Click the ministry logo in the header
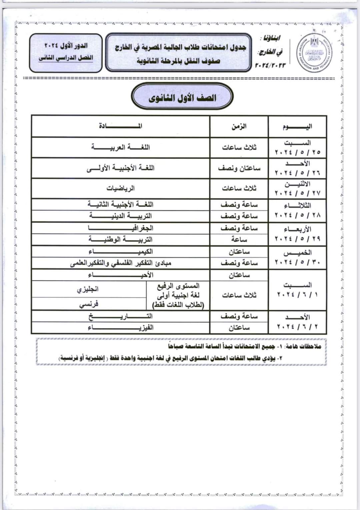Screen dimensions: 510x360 coord(314,52)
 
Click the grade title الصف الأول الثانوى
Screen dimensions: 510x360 coord(182,98)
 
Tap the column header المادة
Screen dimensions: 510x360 coord(120,126)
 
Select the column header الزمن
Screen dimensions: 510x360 coord(239,126)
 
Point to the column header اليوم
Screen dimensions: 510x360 coord(297,127)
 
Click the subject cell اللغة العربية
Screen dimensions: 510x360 coord(120,147)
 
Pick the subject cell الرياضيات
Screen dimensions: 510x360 coord(120,188)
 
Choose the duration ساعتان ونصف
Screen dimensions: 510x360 coord(239,168)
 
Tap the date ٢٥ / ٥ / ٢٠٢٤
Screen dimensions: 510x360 coord(297,152)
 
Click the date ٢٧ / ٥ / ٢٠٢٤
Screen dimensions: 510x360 coord(297,193)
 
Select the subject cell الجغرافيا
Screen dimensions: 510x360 coord(120,228)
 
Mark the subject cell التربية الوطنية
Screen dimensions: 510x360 coord(120,240)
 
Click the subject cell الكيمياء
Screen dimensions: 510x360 coord(120,252)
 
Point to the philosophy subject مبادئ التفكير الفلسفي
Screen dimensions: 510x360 coord(120,263)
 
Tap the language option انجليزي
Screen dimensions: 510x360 coord(88,289)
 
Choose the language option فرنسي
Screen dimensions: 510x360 coord(89,304)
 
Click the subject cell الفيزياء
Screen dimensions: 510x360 coord(120,328)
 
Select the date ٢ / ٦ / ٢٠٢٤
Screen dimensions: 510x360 coord(297,327)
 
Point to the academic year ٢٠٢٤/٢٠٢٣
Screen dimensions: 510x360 coord(270,65)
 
